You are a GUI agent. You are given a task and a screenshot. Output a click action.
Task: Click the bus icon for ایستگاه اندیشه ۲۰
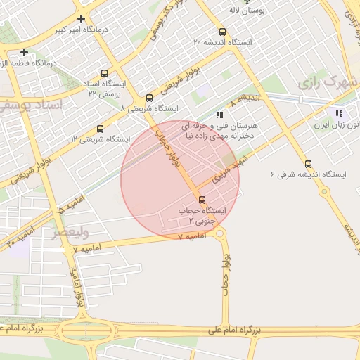coord(222,32)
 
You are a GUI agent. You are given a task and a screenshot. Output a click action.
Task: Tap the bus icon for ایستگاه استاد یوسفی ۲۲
coord(105,73)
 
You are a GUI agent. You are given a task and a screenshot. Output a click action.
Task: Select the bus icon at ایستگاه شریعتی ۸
coord(148,98)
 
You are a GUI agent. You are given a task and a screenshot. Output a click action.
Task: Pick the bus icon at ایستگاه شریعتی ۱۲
coord(100,129)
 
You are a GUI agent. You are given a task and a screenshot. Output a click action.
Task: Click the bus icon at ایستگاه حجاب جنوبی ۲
coord(202,200)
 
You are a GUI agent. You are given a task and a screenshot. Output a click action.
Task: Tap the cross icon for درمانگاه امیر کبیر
coord(82,18)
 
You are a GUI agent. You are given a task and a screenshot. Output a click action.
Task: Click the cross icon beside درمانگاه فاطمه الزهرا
coord(25,52)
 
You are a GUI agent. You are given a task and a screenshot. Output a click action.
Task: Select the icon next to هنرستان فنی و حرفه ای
coord(220,114)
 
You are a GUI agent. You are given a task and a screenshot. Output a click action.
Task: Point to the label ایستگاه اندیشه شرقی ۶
coord(302,174)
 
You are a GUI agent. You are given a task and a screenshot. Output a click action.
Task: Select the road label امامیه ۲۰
coord(20,236)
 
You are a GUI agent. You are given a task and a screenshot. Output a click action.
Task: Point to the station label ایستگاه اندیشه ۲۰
coord(224,43)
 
